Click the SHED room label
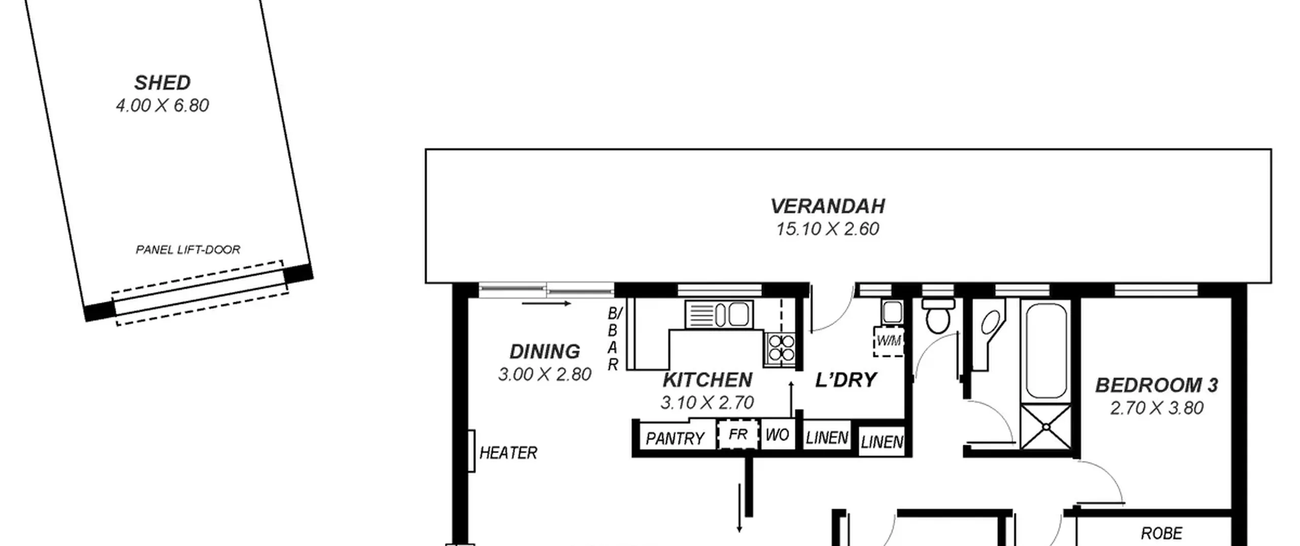point(162,82)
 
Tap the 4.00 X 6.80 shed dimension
point(162,106)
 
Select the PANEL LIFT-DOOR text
point(188,249)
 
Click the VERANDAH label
point(828,206)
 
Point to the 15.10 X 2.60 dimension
point(828,229)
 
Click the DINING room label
point(544,351)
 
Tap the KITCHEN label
point(707,380)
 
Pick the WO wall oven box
point(777,435)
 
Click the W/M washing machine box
point(889,341)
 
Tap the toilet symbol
point(938,315)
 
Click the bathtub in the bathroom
point(1046,351)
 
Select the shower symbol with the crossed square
point(1046,427)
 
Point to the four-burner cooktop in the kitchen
point(781,348)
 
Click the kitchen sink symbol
point(719,314)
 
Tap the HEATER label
point(508,453)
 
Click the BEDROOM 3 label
point(1156,385)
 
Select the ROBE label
point(1162,533)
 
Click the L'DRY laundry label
point(846,380)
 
